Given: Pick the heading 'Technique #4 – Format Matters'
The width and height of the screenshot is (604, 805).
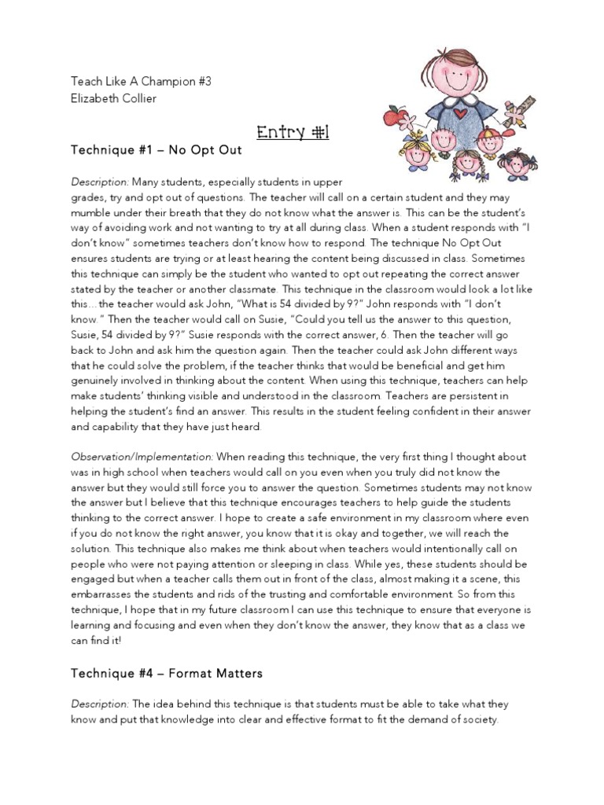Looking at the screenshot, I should point(167,673).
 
